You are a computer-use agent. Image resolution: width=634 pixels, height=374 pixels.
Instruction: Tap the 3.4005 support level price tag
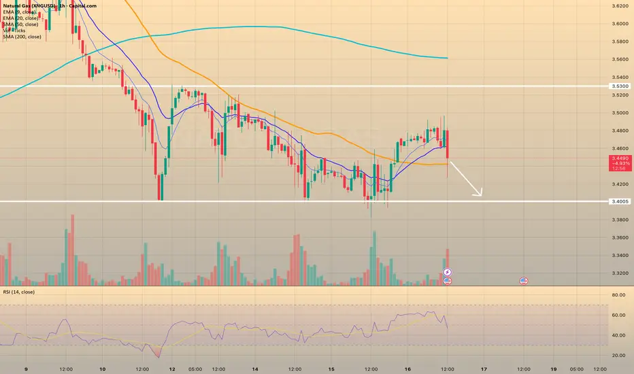tap(620, 201)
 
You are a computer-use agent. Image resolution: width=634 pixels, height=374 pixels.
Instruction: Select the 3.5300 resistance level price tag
tap(620, 86)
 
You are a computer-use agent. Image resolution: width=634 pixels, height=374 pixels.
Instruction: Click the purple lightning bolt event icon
tap(448, 273)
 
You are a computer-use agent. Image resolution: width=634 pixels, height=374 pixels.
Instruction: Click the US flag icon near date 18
tap(524, 281)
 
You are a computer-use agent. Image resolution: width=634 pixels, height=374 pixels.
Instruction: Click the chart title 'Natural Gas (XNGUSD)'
tap(33, 5)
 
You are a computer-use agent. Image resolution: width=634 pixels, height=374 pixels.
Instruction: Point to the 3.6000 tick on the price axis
tap(620, 24)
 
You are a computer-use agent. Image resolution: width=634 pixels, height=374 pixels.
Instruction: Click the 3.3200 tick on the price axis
tap(620, 273)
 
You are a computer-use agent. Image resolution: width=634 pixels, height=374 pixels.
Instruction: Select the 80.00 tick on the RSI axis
tap(618, 295)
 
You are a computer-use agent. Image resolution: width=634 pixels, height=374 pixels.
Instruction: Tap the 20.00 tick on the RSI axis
tap(618, 355)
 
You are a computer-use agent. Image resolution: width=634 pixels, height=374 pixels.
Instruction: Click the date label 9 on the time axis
tap(25, 369)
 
